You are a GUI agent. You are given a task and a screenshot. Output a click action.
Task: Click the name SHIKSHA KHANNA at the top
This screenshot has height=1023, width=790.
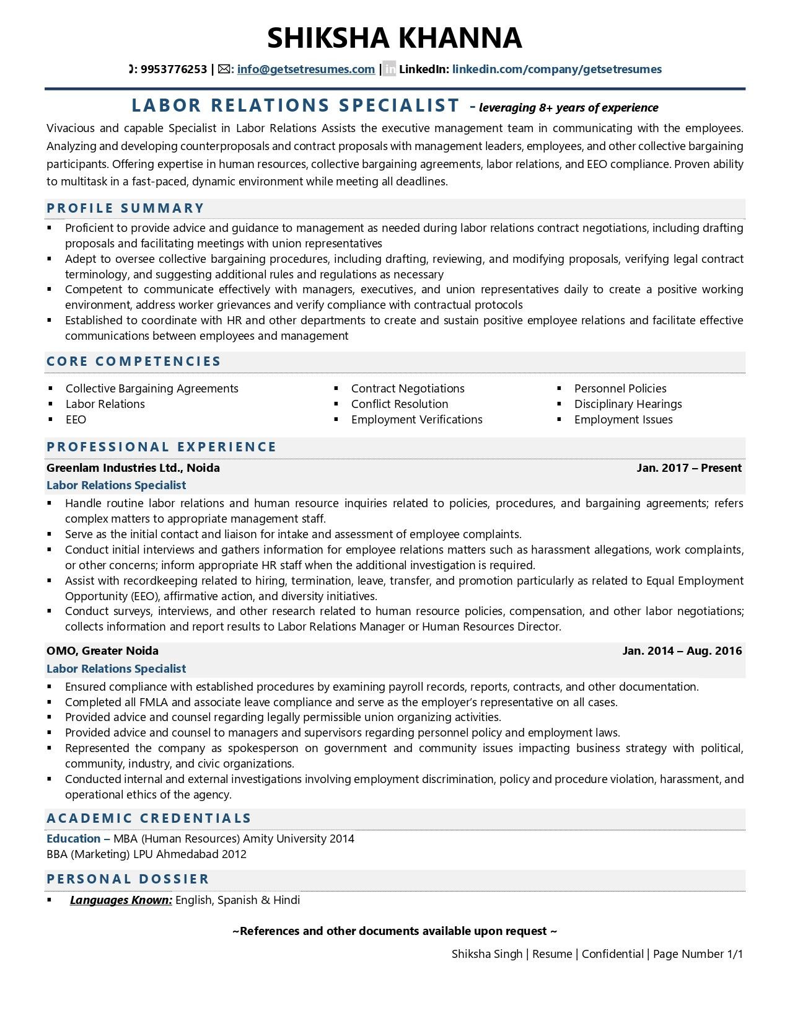coord(395,38)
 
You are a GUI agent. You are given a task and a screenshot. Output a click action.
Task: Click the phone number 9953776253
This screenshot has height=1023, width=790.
coord(173,69)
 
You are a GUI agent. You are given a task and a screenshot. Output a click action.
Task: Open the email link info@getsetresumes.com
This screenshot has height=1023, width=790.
coord(305,69)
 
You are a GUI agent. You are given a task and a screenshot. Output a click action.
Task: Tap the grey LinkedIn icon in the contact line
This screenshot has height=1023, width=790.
coord(389,69)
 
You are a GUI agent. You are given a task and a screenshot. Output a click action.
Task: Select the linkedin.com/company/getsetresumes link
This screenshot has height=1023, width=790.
coord(556,69)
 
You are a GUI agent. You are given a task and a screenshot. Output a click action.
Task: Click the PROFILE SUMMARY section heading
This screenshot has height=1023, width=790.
coord(126,208)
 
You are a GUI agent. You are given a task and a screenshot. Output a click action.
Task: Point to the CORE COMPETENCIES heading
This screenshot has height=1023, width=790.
coord(134,361)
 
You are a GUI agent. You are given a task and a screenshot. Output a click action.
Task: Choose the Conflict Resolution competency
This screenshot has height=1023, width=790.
coord(399,404)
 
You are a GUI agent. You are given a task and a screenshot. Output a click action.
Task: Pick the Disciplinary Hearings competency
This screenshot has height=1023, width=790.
coord(628,404)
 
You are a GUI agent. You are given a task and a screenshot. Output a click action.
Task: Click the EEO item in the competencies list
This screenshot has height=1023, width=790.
coord(76,420)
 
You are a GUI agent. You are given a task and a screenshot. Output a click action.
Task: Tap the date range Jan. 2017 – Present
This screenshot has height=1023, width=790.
coord(688,468)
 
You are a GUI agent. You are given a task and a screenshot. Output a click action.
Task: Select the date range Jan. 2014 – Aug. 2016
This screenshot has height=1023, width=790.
coord(682,651)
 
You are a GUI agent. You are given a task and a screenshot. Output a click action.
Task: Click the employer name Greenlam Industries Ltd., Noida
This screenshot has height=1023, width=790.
coord(133,468)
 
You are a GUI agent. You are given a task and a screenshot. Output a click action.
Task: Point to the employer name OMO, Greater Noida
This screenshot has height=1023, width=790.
coord(102,651)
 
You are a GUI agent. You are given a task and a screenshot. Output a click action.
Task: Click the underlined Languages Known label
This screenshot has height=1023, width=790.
coord(121,900)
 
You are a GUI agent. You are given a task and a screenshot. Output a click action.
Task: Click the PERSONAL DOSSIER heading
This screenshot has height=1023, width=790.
coord(128,879)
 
